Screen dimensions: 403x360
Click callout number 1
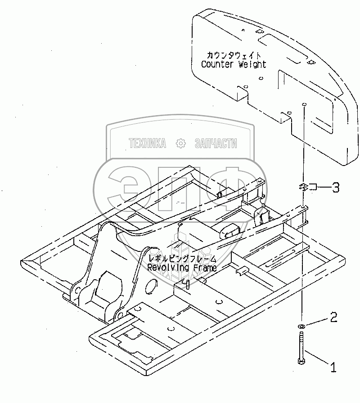(333, 368)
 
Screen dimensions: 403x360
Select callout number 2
(333, 318)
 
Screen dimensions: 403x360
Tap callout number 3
(336, 187)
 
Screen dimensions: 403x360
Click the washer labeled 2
(301, 326)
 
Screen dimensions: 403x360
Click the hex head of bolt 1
(301, 361)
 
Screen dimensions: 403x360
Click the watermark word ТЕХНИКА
(147, 143)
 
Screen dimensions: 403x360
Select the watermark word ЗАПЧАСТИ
(216, 143)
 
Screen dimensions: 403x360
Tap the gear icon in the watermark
(180, 143)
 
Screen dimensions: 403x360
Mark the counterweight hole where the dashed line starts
(305, 105)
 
